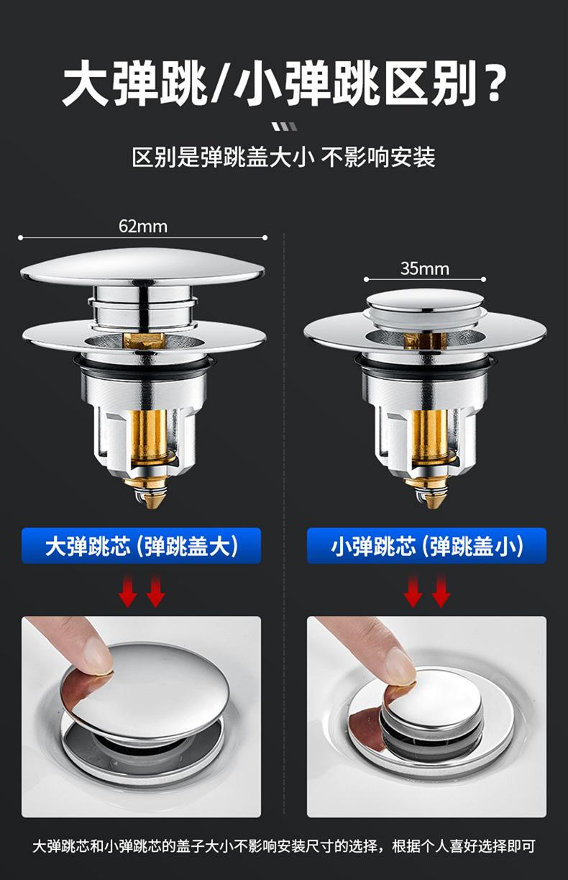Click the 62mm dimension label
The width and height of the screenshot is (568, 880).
(143, 226)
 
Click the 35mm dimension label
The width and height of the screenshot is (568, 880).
(425, 268)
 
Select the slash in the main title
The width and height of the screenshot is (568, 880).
(221, 83)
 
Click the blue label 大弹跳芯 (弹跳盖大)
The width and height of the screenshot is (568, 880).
(142, 546)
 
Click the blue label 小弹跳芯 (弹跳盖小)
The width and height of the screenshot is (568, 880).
(426, 546)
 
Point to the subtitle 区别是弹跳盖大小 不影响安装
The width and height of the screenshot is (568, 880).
(283, 157)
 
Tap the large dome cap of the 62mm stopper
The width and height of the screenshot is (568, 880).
(142, 266)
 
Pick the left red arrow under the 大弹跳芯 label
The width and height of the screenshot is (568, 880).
(127, 591)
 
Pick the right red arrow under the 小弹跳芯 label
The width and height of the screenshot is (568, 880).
(441, 591)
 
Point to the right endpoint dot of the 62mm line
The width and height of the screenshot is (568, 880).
(265, 237)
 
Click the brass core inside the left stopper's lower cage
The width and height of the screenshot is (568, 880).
(149, 436)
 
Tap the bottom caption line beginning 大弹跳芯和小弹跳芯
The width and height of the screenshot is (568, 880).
(284, 845)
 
